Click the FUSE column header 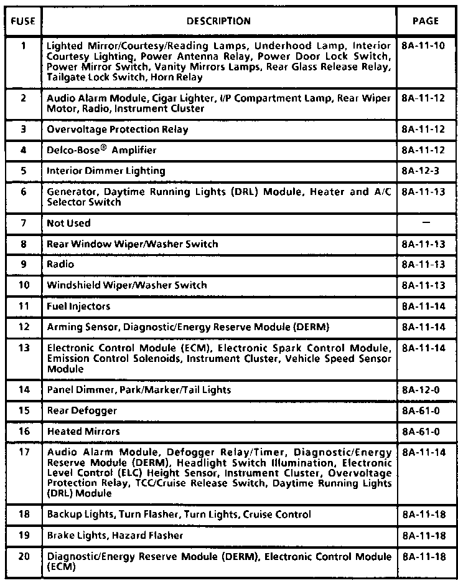point(22,21)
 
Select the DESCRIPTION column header point(218,21)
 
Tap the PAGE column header point(425,21)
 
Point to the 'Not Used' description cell point(68,223)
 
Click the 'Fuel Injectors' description point(78,306)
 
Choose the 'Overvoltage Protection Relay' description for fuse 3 point(117,130)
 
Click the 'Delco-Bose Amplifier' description point(101,150)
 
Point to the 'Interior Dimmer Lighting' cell point(106,171)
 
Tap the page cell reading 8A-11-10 point(424,46)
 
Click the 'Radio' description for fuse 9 point(60,264)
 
